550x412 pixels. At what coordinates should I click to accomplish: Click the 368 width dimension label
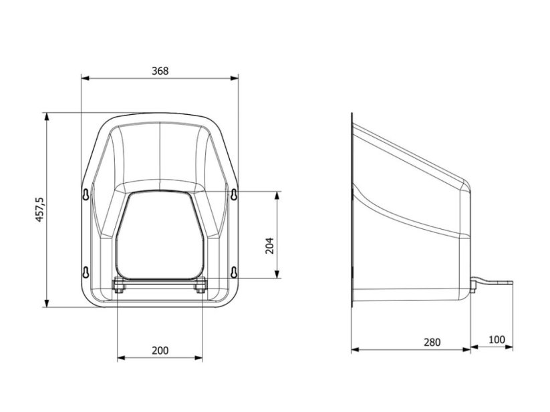(x=160, y=71)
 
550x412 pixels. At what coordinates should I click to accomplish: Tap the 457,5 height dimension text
(x=39, y=210)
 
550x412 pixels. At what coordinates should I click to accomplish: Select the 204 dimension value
(x=269, y=246)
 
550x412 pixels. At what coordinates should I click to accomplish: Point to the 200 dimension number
(x=160, y=351)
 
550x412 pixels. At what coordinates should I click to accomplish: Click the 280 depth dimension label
(x=432, y=342)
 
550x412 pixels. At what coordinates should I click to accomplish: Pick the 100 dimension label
(x=497, y=339)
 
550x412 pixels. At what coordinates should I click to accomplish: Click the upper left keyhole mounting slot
(x=86, y=194)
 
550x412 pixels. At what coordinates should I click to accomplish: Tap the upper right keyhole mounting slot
(x=234, y=194)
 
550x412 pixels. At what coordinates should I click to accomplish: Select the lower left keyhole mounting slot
(x=86, y=272)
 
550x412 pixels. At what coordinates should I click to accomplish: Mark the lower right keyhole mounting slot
(x=234, y=272)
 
